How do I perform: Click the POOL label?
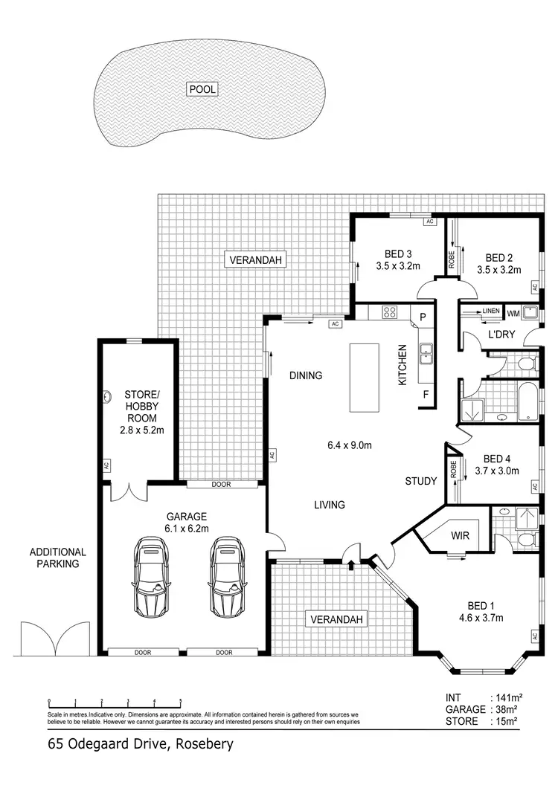click(x=202, y=89)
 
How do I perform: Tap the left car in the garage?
click(x=152, y=577)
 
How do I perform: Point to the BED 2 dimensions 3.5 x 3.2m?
click(x=498, y=270)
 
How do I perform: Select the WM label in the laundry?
click(x=513, y=312)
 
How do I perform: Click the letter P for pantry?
click(x=423, y=317)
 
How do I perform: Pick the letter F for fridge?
click(x=426, y=394)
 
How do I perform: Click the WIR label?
click(x=458, y=535)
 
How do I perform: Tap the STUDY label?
click(x=420, y=481)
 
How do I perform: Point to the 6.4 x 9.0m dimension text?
click(x=350, y=446)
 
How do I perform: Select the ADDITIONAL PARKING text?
click(x=58, y=558)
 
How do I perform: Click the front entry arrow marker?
click(x=350, y=566)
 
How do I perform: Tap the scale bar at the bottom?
click(x=114, y=701)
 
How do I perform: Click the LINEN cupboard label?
click(x=490, y=311)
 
